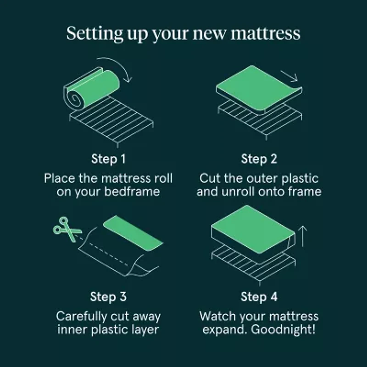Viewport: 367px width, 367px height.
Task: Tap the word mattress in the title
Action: tap(266, 33)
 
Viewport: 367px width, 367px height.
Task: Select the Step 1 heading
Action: tap(108, 159)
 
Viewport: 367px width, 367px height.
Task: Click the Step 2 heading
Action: tap(259, 159)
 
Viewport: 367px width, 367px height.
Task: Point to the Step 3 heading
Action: tap(108, 297)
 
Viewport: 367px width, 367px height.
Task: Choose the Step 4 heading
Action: tap(259, 297)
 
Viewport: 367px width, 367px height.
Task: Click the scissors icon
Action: tap(67, 229)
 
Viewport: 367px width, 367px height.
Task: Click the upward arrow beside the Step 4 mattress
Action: tap(303, 236)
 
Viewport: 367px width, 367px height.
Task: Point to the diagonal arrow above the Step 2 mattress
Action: tap(289, 76)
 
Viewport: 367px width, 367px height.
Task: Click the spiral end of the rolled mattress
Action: tap(74, 100)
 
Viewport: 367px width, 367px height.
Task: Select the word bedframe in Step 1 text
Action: tap(132, 192)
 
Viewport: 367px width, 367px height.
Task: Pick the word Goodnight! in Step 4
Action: tap(283, 330)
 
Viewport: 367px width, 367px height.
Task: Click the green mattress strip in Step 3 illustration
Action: tap(133, 233)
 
